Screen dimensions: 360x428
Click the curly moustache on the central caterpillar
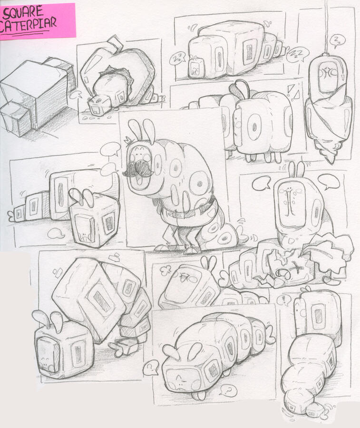(x=138, y=168)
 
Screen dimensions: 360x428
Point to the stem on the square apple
(x=114, y=44)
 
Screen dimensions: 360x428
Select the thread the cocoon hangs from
(x=326, y=27)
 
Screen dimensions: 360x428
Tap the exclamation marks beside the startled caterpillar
(x=293, y=92)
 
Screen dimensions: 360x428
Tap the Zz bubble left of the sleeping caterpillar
(x=177, y=58)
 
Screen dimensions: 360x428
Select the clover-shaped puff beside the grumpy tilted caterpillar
(x=165, y=271)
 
